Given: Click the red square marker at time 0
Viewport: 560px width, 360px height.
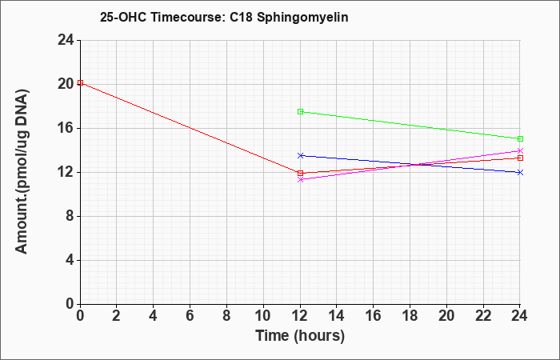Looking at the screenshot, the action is click(x=80, y=83).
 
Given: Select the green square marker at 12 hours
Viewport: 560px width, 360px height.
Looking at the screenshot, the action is click(x=300, y=112).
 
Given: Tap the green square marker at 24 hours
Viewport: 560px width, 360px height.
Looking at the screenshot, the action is click(x=520, y=138).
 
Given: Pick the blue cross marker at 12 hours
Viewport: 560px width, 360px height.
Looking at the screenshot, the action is click(x=300, y=155).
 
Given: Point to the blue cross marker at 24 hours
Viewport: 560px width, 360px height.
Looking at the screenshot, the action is click(x=520, y=173).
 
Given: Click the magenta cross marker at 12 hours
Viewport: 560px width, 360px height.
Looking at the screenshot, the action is click(x=300, y=180).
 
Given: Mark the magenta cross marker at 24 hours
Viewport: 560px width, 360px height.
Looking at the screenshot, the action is click(x=520, y=150).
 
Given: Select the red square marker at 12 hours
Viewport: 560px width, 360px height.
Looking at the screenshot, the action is click(x=300, y=174).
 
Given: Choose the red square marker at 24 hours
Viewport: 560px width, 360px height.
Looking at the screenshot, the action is click(x=520, y=158).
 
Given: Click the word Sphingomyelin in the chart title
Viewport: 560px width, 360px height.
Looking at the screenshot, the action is click(x=302, y=18).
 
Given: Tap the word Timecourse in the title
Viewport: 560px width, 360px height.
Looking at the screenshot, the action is click(x=187, y=17).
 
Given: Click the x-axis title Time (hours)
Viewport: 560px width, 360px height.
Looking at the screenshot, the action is click(x=300, y=336).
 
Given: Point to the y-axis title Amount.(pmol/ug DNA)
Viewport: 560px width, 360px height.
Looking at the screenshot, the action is click(x=22, y=172).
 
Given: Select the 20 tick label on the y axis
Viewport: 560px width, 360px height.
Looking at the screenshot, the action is click(x=66, y=84).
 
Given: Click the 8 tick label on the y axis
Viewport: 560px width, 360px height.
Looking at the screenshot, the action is click(x=70, y=217).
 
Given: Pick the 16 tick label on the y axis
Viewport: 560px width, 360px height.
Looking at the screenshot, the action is click(x=66, y=129).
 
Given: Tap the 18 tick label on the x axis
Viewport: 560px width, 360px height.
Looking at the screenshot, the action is click(x=410, y=316).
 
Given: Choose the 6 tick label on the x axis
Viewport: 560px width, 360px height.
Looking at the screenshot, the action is click(x=190, y=316).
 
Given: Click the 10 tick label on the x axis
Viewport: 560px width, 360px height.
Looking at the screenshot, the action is click(x=263, y=316).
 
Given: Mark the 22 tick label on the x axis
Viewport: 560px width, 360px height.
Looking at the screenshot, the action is click(x=483, y=316).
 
